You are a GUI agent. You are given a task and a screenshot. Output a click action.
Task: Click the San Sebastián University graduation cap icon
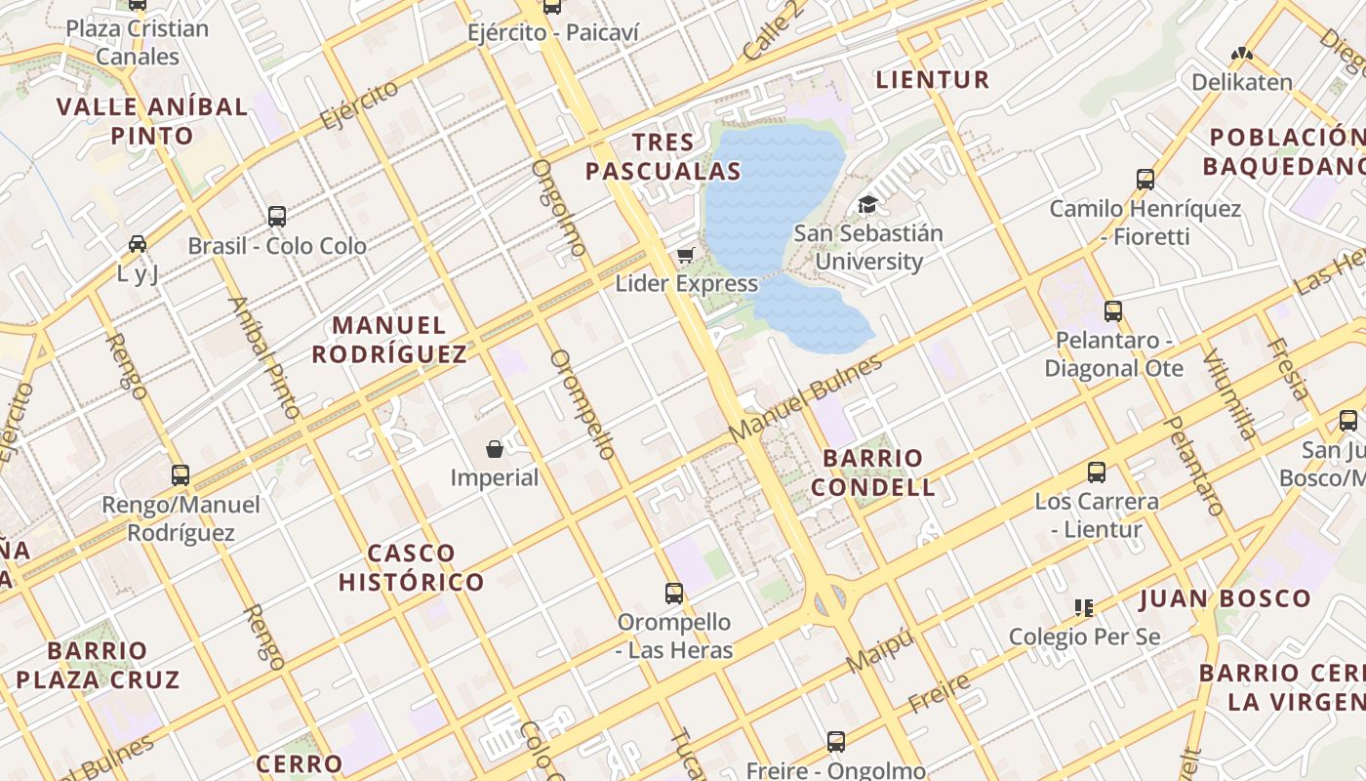[x=867, y=204]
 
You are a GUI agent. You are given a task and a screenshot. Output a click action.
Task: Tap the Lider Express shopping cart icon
[x=686, y=256]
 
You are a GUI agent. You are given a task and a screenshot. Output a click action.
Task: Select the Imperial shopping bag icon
[x=495, y=449]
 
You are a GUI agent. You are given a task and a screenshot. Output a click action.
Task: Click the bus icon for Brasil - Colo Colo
[x=277, y=217]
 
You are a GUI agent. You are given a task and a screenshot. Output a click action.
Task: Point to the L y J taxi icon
[x=138, y=244]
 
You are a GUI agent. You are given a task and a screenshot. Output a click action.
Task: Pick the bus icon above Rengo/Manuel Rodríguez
[x=181, y=475]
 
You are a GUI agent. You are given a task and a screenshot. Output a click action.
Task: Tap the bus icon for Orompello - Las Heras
[x=674, y=593]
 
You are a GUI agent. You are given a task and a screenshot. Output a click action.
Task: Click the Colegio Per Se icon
[x=1083, y=608]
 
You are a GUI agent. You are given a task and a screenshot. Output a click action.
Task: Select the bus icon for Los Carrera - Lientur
[x=1097, y=473]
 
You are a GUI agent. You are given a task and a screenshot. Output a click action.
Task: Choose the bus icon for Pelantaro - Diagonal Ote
[x=1113, y=311]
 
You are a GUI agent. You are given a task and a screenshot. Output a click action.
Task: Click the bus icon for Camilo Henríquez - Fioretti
[x=1145, y=180]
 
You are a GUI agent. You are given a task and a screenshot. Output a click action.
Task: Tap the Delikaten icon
[x=1241, y=54]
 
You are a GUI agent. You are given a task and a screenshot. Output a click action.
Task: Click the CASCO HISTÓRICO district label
[x=411, y=568]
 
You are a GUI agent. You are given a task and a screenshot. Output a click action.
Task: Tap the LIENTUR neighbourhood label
[x=933, y=80]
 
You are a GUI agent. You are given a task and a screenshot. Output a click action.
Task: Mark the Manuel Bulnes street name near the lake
[x=805, y=397]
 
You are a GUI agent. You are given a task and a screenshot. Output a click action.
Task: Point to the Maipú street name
[x=881, y=651]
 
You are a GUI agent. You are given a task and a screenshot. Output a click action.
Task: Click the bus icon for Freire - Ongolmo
[x=836, y=741]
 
